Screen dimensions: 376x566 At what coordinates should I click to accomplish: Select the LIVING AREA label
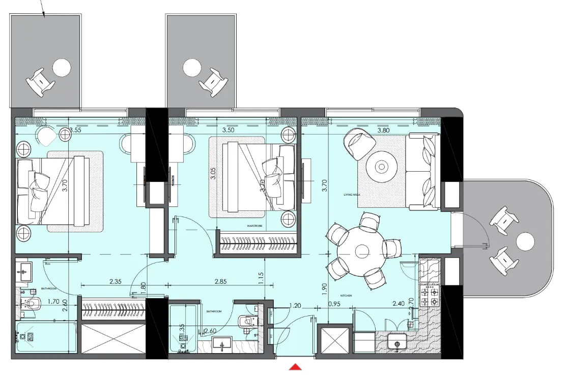click(x=352, y=195)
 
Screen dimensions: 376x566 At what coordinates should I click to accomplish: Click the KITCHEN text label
click(x=347, y=295)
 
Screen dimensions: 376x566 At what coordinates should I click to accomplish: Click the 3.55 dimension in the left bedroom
click(x=75, y=130)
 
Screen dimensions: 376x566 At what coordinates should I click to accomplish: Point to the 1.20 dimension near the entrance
click(x=295, y=306)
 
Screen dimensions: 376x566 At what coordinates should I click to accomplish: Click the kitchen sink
click(x=397, y=343)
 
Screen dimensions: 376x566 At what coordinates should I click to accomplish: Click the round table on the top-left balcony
click(x=62, y=67)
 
